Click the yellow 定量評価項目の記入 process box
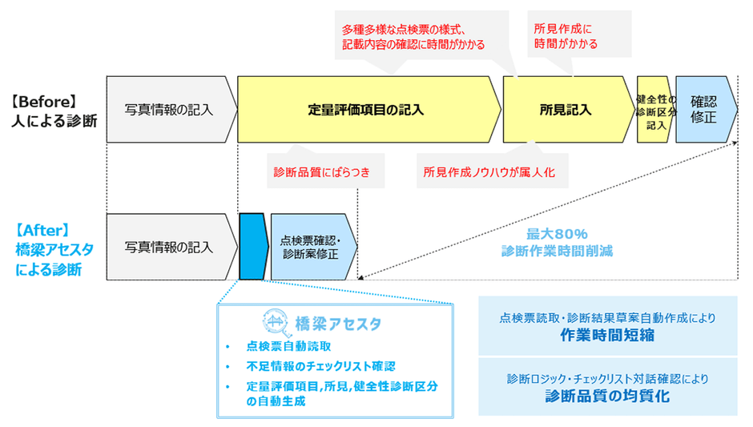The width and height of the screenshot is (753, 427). (365, 109)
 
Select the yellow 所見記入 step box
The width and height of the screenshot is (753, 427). (566, 109)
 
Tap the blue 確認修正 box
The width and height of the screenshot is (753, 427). (704, 109)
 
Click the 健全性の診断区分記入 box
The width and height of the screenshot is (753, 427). (655, 111)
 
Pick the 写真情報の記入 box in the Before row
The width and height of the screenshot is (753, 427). (169, 109)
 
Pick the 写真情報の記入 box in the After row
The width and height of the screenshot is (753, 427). (169, 247)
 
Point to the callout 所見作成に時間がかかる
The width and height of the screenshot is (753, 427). (566, 35)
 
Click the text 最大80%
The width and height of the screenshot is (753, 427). (557, 233)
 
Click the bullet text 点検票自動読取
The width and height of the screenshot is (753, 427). (288, 346)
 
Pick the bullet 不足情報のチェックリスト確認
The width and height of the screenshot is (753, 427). (320, 366)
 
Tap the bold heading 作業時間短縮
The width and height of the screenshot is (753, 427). (607, 336)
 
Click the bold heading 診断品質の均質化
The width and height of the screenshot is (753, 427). (607, 395)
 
